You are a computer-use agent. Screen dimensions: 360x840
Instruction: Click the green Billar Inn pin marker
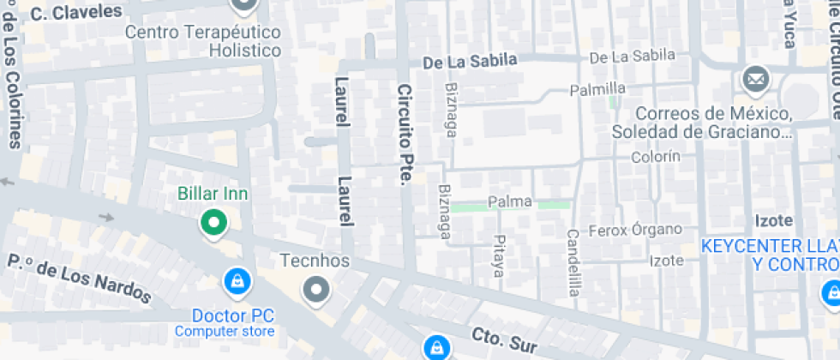(213, 224)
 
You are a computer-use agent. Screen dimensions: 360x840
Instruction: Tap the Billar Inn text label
(213, 194)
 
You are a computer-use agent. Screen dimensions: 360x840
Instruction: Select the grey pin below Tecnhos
(316, 289)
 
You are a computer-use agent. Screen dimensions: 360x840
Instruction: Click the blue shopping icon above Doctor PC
(235, 279)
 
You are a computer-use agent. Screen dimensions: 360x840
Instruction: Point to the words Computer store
(225, 332)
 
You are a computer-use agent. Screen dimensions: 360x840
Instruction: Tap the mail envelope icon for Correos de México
(755, 81)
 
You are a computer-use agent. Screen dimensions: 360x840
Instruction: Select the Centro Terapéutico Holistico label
(203, 41)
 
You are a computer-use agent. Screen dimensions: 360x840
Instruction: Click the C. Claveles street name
(76, 12)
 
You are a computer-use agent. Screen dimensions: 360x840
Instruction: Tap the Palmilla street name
(597, 89)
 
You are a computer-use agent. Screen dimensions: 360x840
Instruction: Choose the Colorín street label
(656, 156)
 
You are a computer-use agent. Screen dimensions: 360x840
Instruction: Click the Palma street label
(510, 202)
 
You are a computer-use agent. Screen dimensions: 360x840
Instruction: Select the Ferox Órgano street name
(635, 230)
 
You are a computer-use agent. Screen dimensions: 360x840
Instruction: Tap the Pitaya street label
(499, 256)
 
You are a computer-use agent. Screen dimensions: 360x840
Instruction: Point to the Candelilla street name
(573, 263)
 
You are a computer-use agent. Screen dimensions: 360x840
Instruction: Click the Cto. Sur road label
(503, 339)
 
